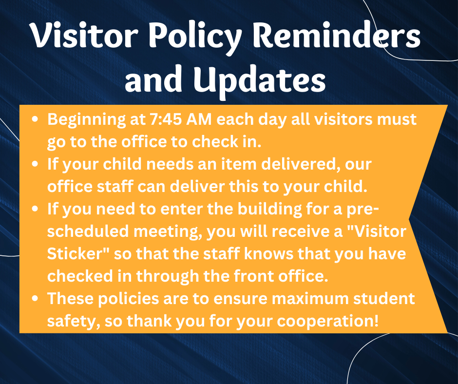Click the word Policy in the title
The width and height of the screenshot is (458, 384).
195,37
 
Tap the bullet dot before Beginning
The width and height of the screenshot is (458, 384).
35,119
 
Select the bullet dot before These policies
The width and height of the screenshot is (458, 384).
35,299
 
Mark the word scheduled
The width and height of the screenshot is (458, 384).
88,231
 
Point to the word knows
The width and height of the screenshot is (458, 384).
268,254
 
